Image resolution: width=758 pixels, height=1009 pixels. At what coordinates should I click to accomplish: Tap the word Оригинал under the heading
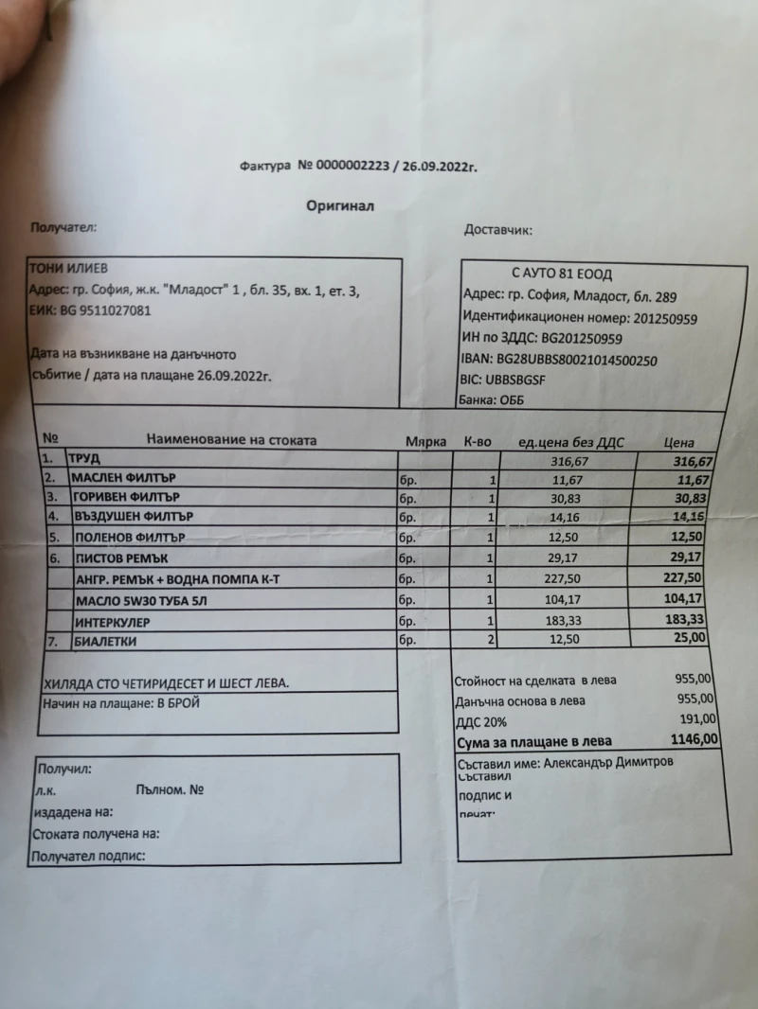[x=341, y=205]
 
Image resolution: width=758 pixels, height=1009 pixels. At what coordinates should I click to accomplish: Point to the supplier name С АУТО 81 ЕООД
[x=563, y=274]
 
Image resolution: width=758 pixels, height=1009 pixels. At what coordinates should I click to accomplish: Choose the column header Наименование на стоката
[x=231, y=440]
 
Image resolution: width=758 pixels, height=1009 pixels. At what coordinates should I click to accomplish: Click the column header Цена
[x=679, y=443]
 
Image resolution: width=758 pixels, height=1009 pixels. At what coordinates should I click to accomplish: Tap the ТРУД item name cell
[x=85, y=458]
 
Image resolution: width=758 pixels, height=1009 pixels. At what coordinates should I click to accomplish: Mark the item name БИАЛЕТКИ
[x=104, y=642]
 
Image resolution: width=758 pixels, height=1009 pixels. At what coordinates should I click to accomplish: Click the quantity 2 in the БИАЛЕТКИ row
[x=493, y=640]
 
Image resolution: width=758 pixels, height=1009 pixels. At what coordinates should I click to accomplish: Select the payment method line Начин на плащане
[x=122, y=703]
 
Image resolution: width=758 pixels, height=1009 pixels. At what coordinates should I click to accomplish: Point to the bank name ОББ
[x=511, y=400]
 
